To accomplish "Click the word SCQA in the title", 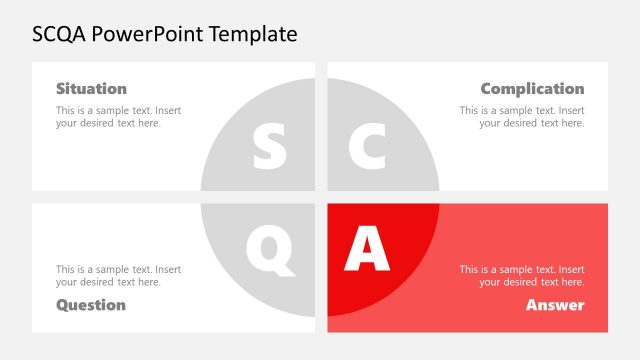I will pos(59,34).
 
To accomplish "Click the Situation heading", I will pos(91,89).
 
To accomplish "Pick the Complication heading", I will pos(532,89).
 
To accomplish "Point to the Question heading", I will pos(91,304).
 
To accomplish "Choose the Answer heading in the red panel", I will pos(555,304).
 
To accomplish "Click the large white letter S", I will pos(269,147).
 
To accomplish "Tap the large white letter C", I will pos(367,147).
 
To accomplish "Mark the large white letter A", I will pos(366,249).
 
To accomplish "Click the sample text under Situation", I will pos(118,117).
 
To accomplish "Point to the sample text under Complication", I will pos(522,117).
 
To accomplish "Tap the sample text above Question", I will pos(118,275).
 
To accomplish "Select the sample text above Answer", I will pos(522,275).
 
